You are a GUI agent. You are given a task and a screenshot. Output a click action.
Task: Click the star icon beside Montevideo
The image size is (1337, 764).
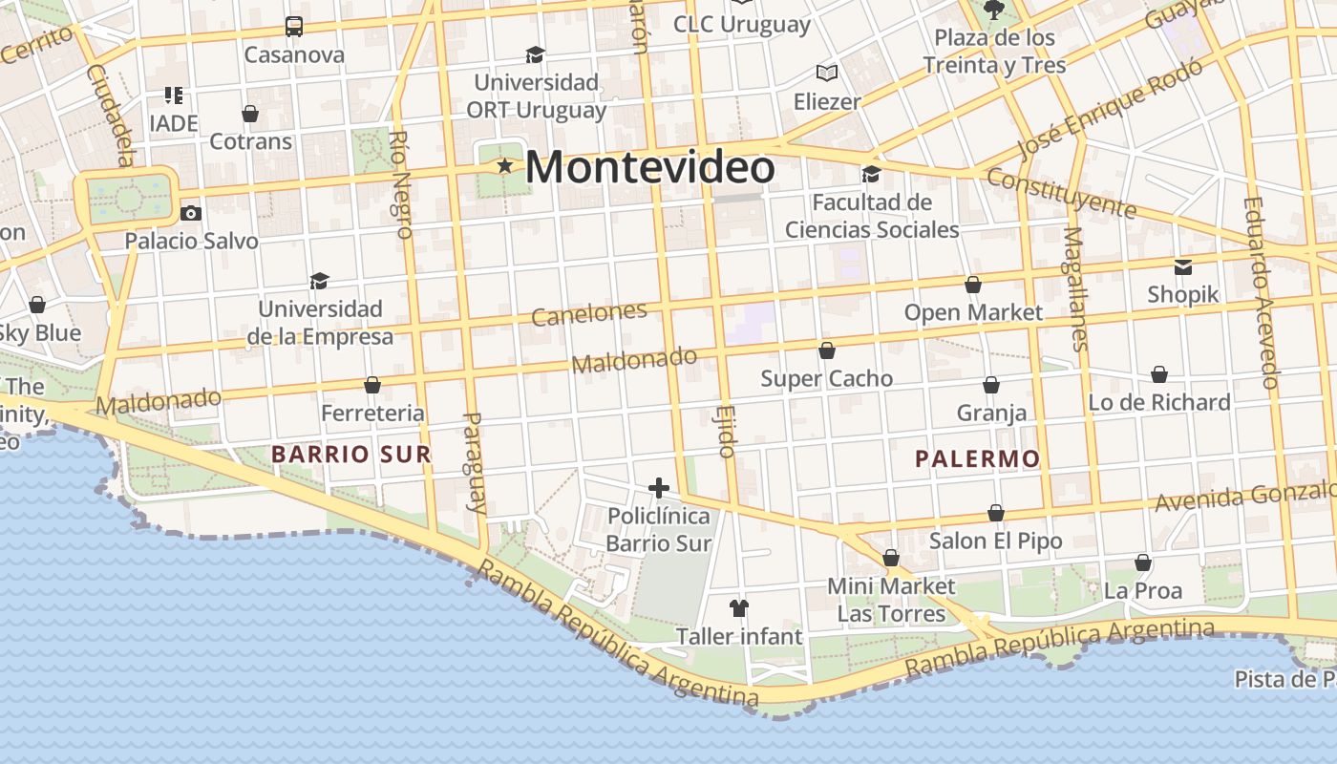click(x=504, y=166)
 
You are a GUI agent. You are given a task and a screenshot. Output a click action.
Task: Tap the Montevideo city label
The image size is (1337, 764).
click(x=649, y=168)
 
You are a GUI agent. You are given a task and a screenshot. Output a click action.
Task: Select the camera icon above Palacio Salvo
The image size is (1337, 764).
click(x=191, y=213)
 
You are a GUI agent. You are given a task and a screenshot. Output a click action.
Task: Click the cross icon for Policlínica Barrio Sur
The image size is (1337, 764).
click(x=658, y=489)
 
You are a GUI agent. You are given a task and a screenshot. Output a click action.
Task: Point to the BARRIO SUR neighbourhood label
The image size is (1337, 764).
click(x=351, y=455)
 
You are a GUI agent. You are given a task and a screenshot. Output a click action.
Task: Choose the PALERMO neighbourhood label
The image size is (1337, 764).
click(x=977, y=459)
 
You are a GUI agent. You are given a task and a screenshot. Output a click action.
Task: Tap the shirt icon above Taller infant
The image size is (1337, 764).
click(x=738, y=607)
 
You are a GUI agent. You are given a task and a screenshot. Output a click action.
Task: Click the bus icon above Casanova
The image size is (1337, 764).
click(x=294, y=27)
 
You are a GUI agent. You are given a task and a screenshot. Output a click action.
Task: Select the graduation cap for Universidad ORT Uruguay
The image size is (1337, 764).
click(x=535, y=54)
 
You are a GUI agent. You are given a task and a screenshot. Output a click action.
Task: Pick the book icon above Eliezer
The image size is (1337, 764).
click(x=826, y=73)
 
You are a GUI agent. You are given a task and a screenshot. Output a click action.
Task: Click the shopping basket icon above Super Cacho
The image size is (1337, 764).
click(x=826, y=350)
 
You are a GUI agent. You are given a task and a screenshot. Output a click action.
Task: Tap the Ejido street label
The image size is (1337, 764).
click(x=724, y=432)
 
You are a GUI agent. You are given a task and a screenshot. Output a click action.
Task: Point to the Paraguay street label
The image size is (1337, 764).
click(x=475, y=462)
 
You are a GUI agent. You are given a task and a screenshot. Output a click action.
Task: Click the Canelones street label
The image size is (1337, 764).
click(x=589, y=314)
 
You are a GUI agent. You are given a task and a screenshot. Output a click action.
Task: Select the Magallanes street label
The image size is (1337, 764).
click(x=1075, y=288)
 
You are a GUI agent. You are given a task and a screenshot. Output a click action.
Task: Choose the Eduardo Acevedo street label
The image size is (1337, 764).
click(x=1261, y=292)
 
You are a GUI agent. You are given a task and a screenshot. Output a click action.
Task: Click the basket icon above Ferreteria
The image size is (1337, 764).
click(x=372, y=385)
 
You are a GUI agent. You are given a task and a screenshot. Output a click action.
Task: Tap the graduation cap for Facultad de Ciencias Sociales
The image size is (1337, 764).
click(x=871, y=174)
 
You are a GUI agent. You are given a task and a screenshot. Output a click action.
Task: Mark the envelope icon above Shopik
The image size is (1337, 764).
click(x=1183, y=266)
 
